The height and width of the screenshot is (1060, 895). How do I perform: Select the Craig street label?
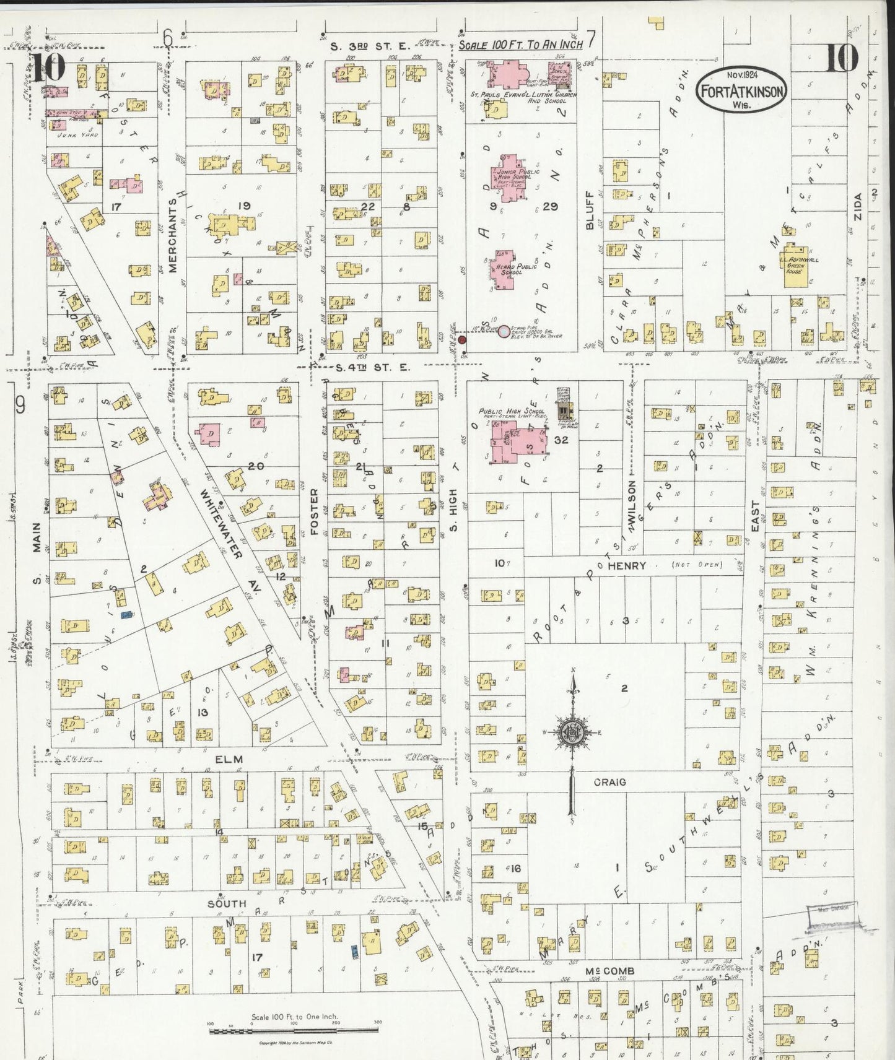pyautogui.click(x=609, y=782)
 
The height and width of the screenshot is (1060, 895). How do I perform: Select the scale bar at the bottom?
pyautogui.click(x=294, y=1031)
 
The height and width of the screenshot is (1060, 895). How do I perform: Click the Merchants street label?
pyautogui.click(x=172, y=239)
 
